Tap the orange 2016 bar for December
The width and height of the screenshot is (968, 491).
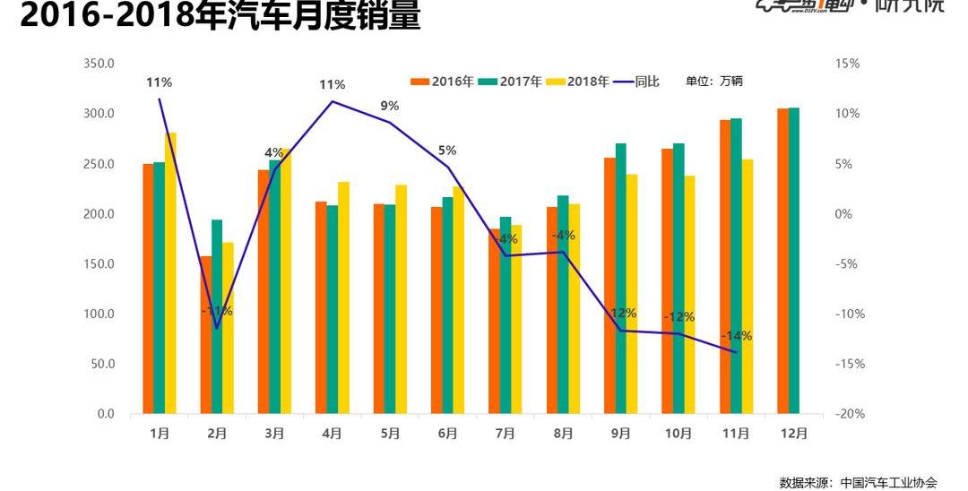click(x=782, y=261)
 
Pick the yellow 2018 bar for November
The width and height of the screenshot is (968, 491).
click(x=748, y=287)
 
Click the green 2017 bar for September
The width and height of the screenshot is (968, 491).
click(x=620, y=279)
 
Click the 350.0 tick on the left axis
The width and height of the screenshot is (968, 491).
click(x=98, y=64)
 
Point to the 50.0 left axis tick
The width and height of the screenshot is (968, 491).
click(x=101, y=364)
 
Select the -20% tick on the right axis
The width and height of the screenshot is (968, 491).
click(x=847, y=414)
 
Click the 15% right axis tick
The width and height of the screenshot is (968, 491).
click(x=847, y=64)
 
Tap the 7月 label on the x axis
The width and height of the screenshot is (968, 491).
click(x=506, y=433)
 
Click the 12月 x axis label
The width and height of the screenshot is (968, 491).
click(x=793, y=433)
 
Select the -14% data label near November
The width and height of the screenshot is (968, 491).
click(x=736, y=336)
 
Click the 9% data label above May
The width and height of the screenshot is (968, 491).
click(x=390, y=106)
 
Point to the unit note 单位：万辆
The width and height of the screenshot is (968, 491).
click(x=714, y=82)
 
